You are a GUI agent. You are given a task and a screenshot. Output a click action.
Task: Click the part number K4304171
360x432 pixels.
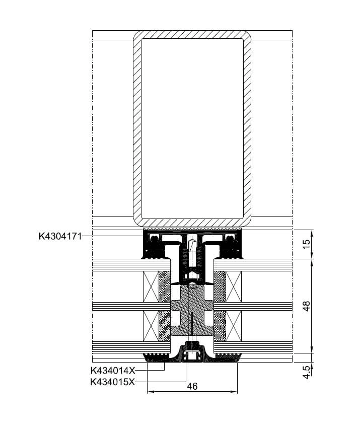[60, 236]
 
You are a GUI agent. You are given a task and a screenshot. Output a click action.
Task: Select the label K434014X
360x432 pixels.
[113, 371]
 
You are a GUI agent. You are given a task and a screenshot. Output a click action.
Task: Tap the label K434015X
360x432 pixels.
[113, 382]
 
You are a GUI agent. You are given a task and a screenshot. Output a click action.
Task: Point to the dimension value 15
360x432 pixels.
[306, 244]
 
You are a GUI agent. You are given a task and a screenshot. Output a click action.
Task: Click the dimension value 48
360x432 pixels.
[306, 306]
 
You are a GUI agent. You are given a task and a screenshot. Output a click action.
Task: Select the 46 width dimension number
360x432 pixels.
[192, 387]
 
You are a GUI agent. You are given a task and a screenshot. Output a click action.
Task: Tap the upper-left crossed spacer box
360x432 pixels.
[151, 286]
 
